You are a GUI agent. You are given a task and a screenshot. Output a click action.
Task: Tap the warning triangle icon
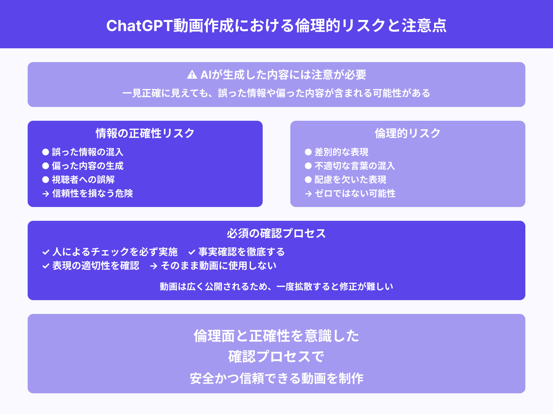(192, 75)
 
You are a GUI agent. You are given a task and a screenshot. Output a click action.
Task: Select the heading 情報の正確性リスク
(145, 133)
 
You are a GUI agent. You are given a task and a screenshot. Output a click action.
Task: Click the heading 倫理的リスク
(408, 133)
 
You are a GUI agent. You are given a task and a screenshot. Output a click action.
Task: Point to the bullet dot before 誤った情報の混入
(46, 152)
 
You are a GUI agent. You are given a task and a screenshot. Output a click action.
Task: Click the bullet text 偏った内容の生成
(87, 166)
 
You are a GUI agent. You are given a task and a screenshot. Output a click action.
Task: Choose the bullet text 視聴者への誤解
(83, 180)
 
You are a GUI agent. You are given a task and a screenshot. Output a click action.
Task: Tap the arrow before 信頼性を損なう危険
(46, 194)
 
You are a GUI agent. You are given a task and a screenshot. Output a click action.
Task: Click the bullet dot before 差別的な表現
(308, 152)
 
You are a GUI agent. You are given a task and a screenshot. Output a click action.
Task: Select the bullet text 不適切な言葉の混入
(355, 166)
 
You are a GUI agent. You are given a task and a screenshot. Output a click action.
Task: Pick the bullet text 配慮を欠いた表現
(350, 180)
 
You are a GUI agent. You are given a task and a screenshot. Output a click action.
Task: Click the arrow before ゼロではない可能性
(308, 194)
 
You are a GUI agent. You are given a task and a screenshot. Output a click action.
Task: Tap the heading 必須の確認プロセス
(276, 234)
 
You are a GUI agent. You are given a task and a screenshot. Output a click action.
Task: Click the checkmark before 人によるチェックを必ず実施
(46, 252)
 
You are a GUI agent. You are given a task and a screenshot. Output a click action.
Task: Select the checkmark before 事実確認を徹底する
(192, 252)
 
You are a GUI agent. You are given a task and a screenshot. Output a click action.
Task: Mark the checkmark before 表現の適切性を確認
(46, 266)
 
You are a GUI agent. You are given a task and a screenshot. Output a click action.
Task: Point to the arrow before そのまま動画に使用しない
(154, 266)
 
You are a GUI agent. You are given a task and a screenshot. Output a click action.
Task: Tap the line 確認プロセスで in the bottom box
(276, 357)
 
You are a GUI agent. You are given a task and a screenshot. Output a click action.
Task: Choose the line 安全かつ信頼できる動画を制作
(276, 378)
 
